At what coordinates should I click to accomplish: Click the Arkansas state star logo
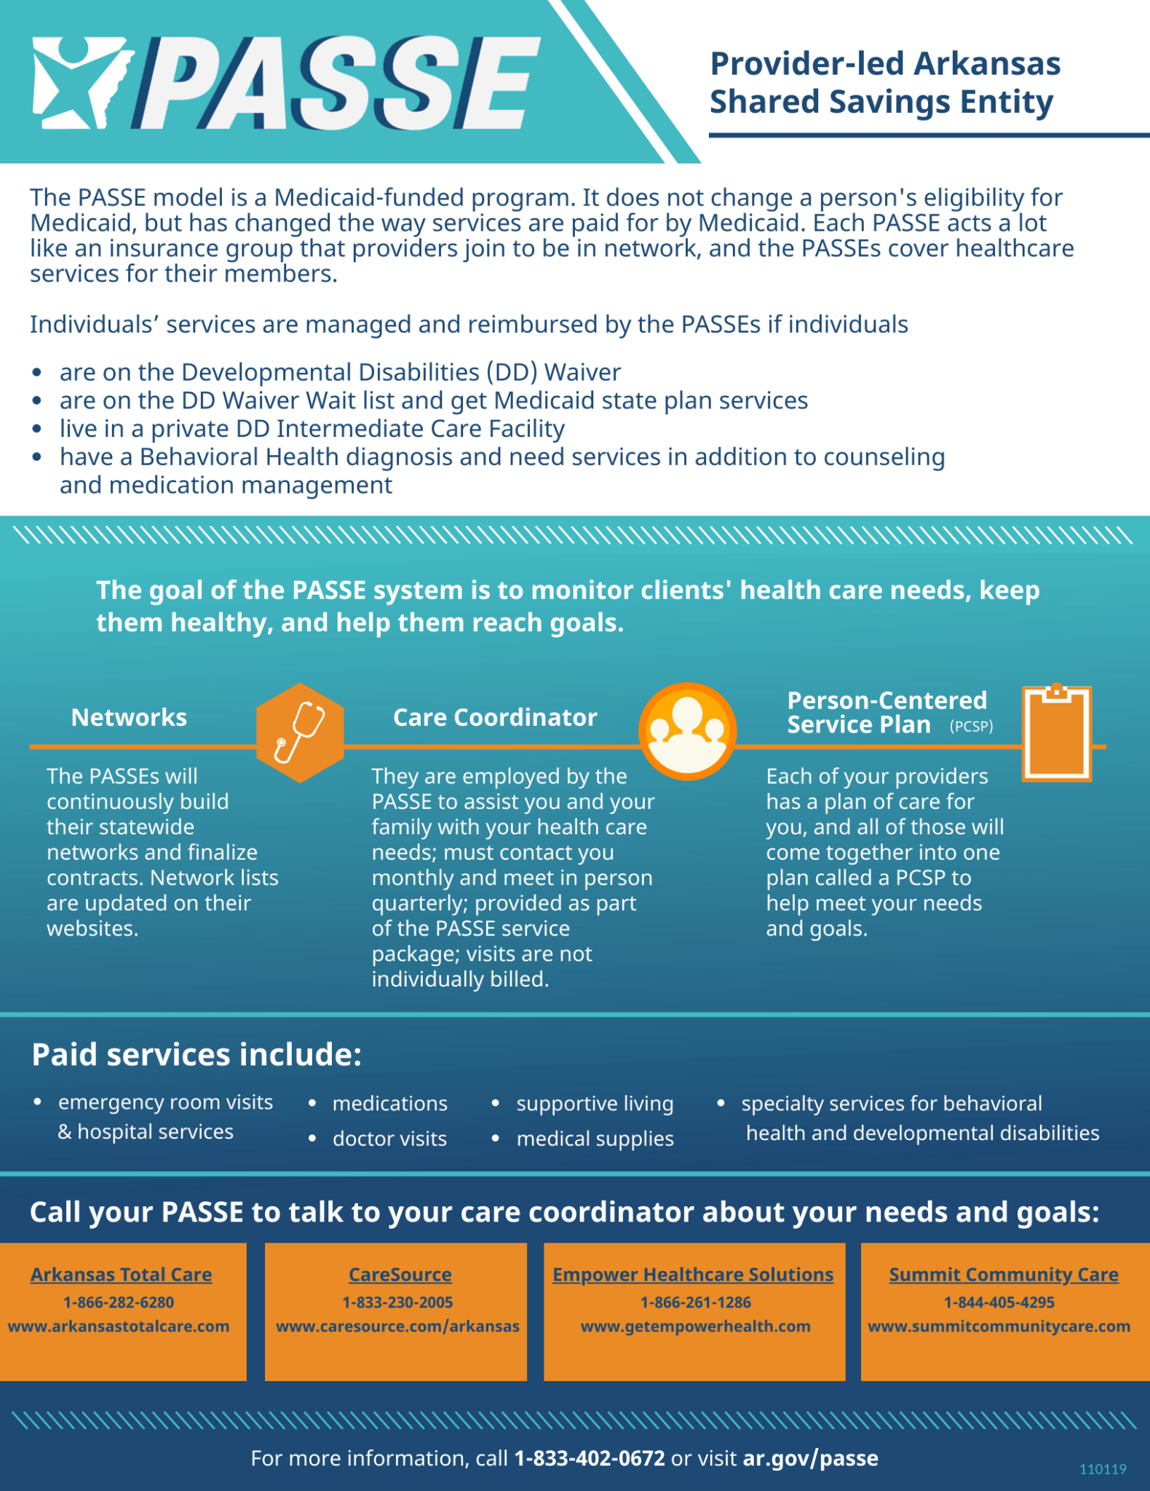(80, 82)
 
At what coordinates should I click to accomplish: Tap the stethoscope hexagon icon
(300, 732)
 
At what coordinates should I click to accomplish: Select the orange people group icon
(687, 731)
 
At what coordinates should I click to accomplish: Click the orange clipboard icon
(1057, 733)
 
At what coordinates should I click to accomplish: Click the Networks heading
(129, 718)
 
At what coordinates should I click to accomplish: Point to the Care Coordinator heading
(495, 718)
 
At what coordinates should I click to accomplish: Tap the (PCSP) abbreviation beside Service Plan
(971, 727)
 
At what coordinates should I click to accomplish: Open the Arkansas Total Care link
(121, 1275)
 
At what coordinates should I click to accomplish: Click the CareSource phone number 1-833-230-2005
(397, 1302)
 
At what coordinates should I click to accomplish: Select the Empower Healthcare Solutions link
(693, 1275)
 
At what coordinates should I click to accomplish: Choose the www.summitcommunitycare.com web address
(999, 1326)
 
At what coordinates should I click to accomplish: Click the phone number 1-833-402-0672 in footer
(590, 1458)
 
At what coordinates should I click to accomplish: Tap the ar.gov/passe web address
(810, 1458)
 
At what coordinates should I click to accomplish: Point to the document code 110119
(1103, 1469)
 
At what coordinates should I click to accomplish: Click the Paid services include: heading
(197, 1055)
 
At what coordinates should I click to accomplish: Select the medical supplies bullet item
(595, 1139)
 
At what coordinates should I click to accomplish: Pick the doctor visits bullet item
(389, 1139)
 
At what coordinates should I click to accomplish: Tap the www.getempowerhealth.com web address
(695, 1326)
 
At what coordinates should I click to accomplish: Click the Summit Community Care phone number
(999, 1302)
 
